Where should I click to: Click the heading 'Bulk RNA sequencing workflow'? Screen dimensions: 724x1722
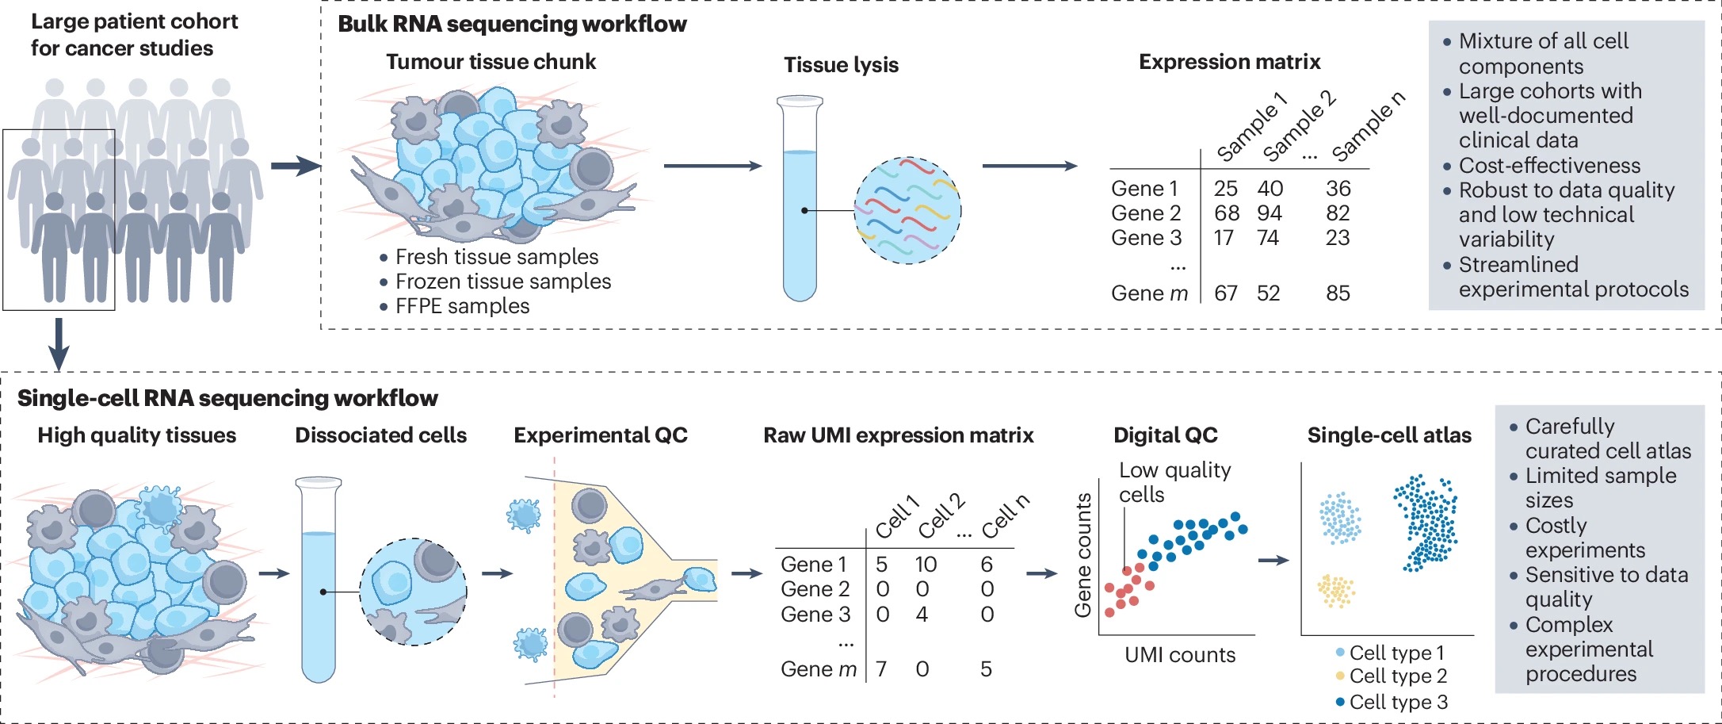(512, 24)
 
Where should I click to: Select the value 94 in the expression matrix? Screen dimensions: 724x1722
(1270, 213)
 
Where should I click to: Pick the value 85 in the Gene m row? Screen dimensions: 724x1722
(1338, 293)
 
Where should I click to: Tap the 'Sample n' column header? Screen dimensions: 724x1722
(1368, 126)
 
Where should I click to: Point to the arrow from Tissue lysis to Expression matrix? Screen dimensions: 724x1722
(1029, 166)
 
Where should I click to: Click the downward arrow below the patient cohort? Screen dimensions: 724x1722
(59, 344)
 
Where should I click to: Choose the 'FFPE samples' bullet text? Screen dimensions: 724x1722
(462, 306)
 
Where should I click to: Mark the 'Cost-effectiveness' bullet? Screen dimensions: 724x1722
(1549, 166)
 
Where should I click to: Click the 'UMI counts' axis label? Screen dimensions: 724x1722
(1180, 655)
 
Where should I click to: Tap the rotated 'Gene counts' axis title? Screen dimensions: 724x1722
(1082, 555)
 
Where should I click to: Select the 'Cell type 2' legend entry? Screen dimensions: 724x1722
(1398, 676)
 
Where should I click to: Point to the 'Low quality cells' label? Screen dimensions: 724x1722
(1174, 482)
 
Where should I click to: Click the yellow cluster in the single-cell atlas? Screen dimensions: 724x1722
(1336, 591)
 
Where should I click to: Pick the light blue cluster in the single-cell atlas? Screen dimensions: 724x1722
(1340, 518)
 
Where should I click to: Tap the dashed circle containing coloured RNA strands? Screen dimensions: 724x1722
(907, 210)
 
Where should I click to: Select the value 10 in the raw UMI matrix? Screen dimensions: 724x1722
(926, 565)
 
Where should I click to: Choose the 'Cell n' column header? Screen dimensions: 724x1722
(1005, 516)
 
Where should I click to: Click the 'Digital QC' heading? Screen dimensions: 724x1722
(1165, 435)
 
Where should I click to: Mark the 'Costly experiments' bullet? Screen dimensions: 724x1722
(1584, 538)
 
